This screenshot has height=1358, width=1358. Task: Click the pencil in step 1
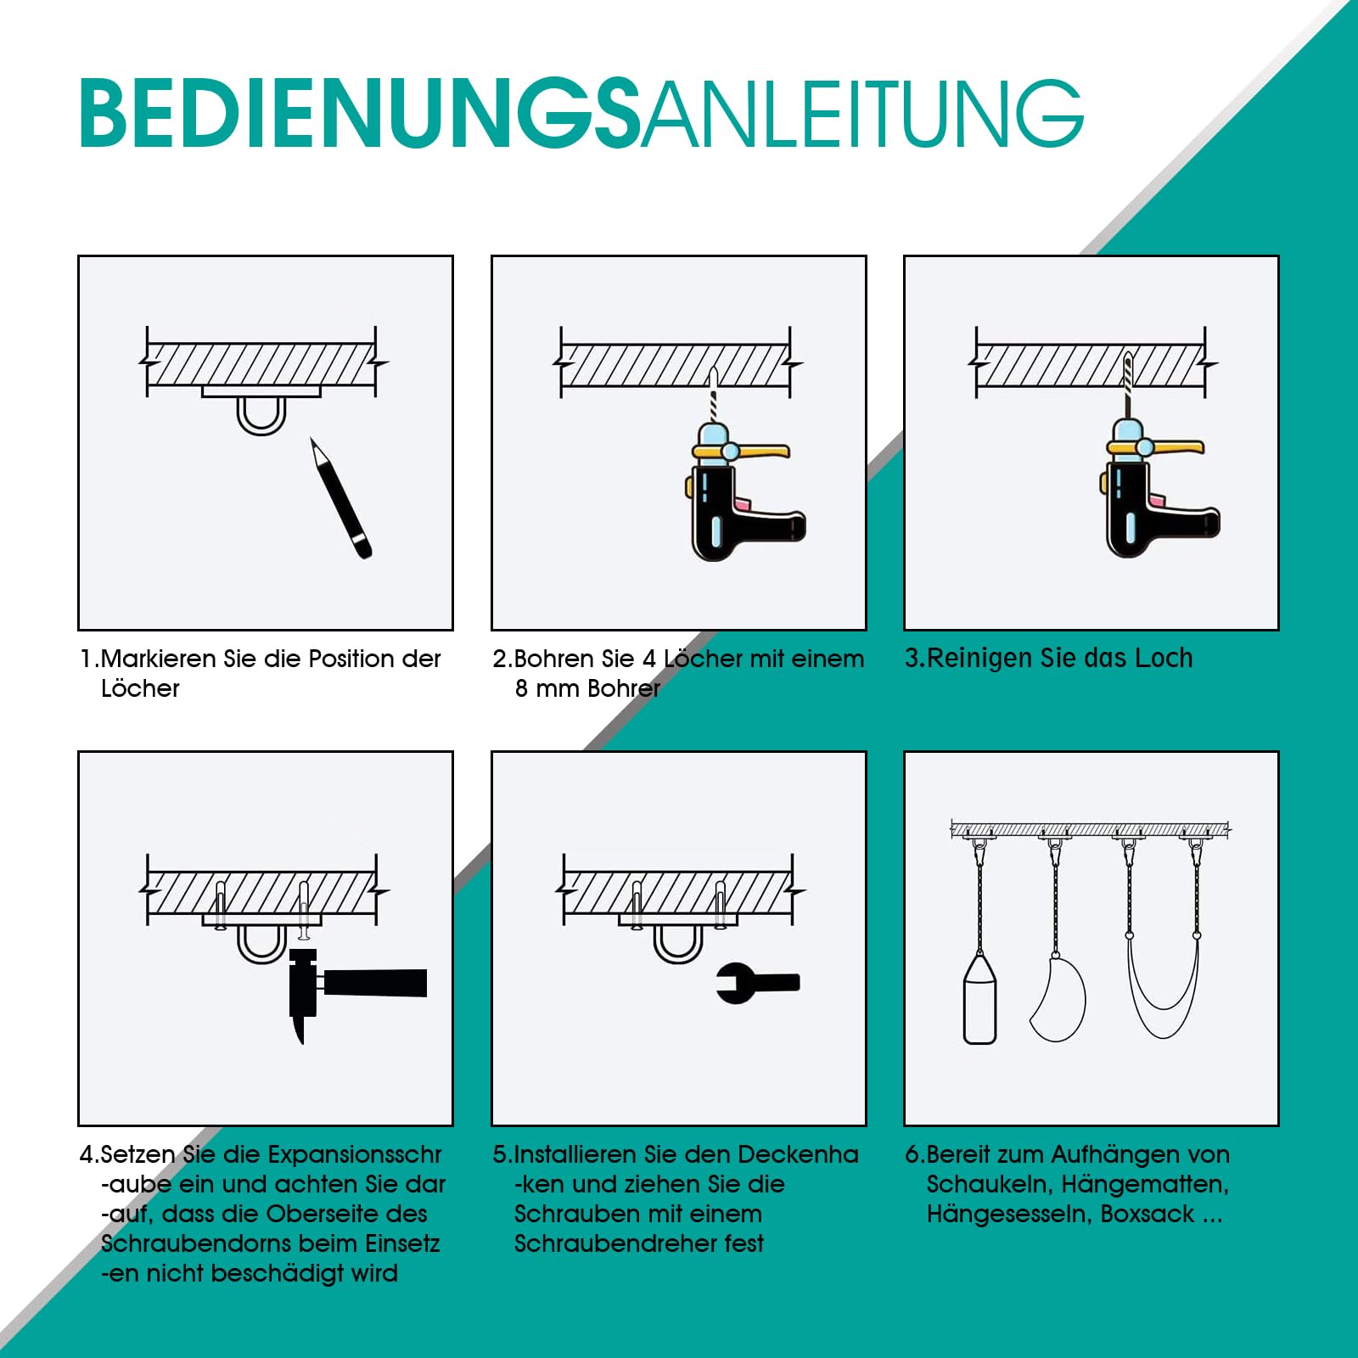341,499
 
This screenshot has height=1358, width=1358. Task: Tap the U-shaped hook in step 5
678,944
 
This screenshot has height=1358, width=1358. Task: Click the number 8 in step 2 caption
521,688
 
